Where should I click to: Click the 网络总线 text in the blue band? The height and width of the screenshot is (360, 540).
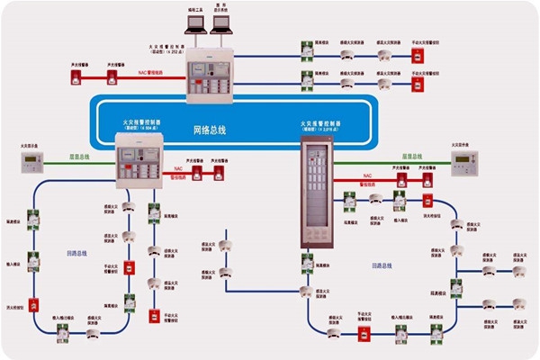point(211,130)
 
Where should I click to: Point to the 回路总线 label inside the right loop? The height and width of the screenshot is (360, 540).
point(383,266)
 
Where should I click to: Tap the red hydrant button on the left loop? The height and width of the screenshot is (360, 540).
point(36,303)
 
